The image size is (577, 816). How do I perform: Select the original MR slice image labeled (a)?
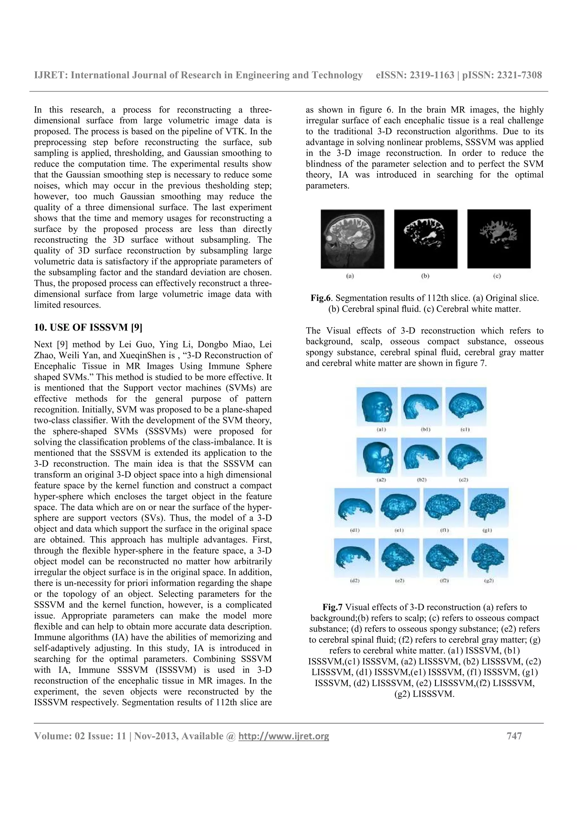pyautogui.click(x=352, y=239)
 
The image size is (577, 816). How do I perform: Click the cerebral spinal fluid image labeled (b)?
pyautogui.click(x=425, y=239)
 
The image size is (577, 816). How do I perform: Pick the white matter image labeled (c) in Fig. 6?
pyautogui.click(x=498, y=239)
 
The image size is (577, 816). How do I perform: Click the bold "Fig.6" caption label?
pyautogui.click(x=321, y=298)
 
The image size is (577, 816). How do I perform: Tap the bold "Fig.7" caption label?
pyautogui.click(x=332, y=607)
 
